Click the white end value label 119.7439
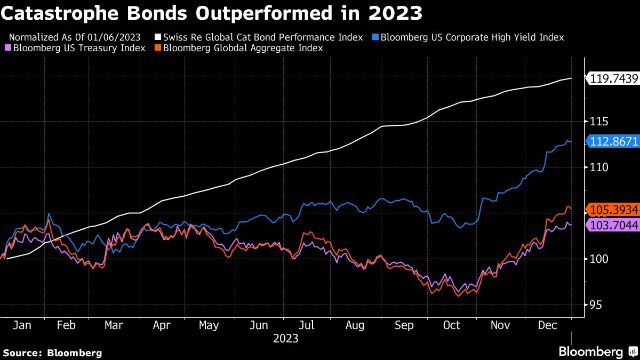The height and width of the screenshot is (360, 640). [613, 79]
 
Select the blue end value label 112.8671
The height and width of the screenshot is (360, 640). [613, 141]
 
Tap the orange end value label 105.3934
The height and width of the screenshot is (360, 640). [613, 209]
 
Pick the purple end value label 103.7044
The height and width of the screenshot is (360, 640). [613, 225]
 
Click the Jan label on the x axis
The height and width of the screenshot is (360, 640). [21, 325]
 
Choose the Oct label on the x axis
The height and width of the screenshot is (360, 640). [452, 325]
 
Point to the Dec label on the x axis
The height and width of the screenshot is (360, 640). [547, 325]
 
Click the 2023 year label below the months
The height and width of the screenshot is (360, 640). [285, 339]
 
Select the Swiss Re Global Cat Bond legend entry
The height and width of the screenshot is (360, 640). [259, 37]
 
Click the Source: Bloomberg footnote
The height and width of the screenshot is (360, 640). [53, 353]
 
